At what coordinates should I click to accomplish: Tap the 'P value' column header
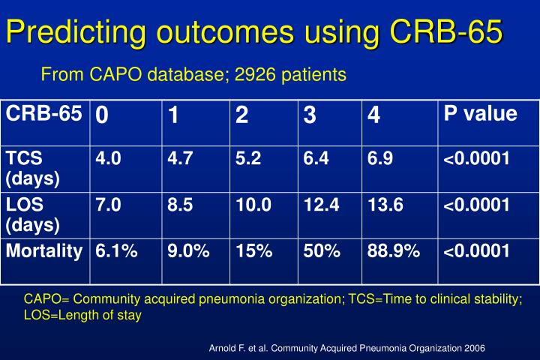point(480,114)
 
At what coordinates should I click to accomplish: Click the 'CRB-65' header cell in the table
point(43,114)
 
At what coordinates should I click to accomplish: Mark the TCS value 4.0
point(107,157)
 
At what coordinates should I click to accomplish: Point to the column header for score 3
point(309,116)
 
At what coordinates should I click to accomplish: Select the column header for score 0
point(101,116)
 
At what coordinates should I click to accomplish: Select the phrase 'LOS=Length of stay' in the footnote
point(82,316)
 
